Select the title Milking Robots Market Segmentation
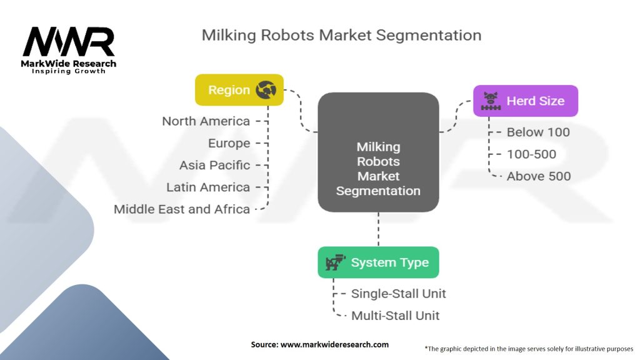tap(341, 35)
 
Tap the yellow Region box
tap(239, 90)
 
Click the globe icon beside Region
tap(266, 90)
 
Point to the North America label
tap(206, 121)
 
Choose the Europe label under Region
tap(229, 143)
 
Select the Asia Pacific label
tap(214, 165)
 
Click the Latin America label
tap(208, 187)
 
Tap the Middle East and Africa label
tap(182, 209)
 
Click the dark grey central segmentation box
tap(378, 152)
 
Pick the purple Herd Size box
tap(525, 101)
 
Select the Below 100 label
tap(538, 132)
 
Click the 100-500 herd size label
tap(531, 154)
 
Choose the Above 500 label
tap(539, 176)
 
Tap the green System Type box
tap(378, 262)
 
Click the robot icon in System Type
tap(336, 262)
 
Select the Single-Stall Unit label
tap(399, 293)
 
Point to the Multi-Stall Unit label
tap(395, 316)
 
